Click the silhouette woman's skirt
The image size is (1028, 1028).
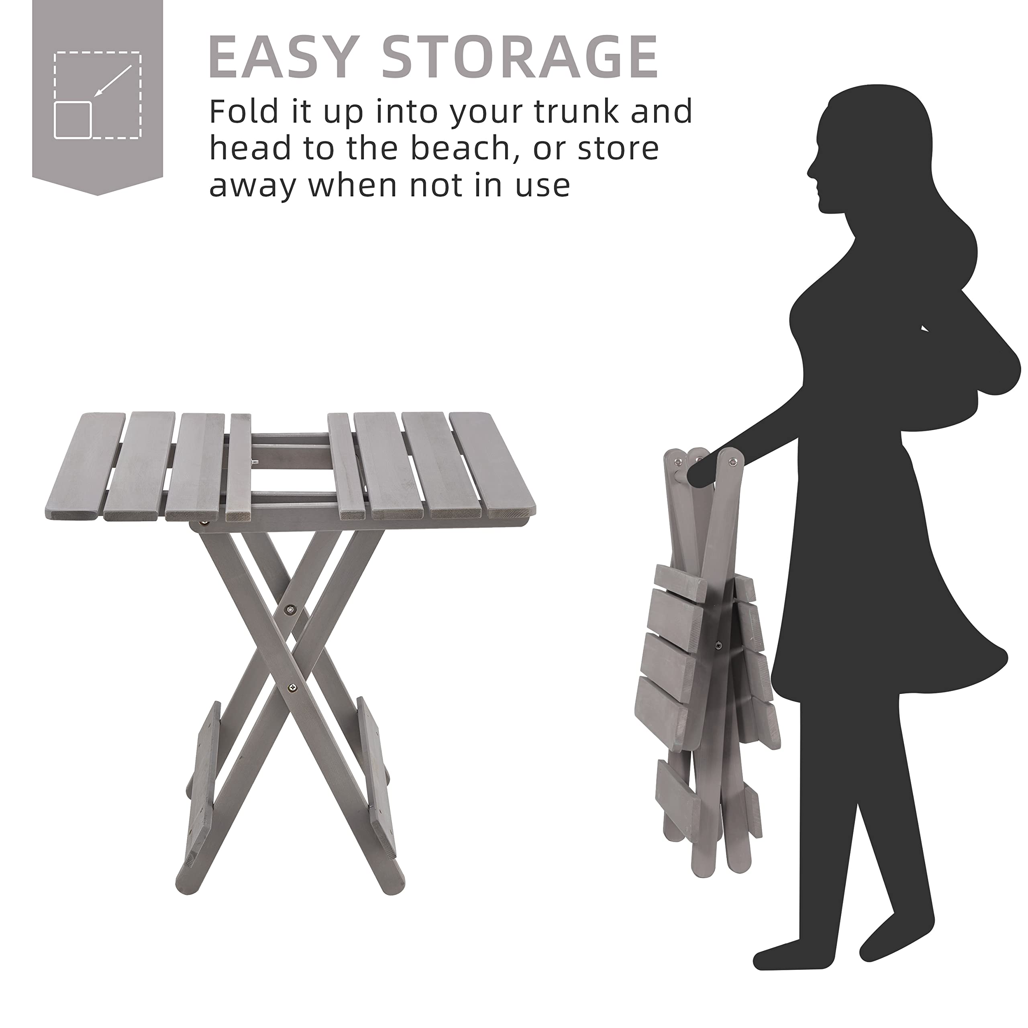click(878, 612)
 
